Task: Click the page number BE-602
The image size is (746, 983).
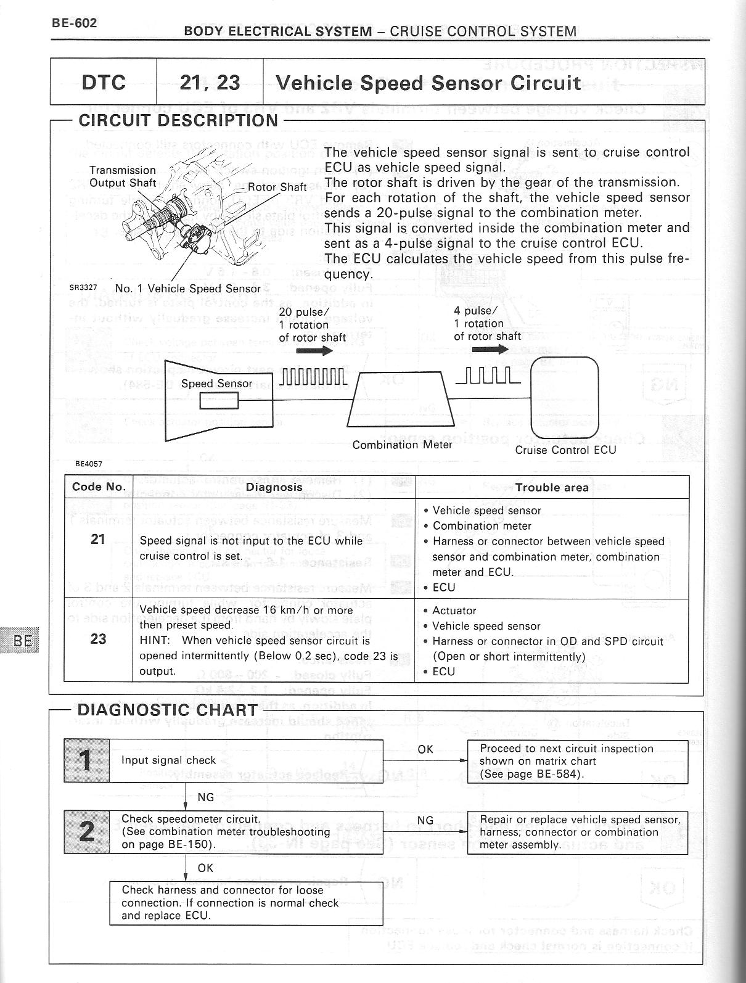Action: click(74, 23)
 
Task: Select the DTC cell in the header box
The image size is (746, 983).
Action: click(104, 82)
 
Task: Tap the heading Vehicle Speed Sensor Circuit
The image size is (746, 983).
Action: click(428, 83)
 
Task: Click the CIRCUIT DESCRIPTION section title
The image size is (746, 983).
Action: click(178, 120)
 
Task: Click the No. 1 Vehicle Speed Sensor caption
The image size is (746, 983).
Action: click(188, 288)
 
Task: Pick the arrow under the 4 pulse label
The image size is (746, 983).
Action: click(490, 350)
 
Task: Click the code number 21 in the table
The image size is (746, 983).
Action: click(98, 540)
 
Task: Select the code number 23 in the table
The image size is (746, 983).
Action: click(98, 639)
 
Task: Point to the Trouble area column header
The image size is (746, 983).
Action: click(552, 487)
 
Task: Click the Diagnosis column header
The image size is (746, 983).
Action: click(274, 487)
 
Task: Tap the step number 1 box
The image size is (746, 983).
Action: click(87, 760)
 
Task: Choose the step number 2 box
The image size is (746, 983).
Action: click(87, 832)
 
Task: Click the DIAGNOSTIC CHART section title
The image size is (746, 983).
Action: click(167, 710)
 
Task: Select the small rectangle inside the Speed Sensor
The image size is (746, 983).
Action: click(219, 401)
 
